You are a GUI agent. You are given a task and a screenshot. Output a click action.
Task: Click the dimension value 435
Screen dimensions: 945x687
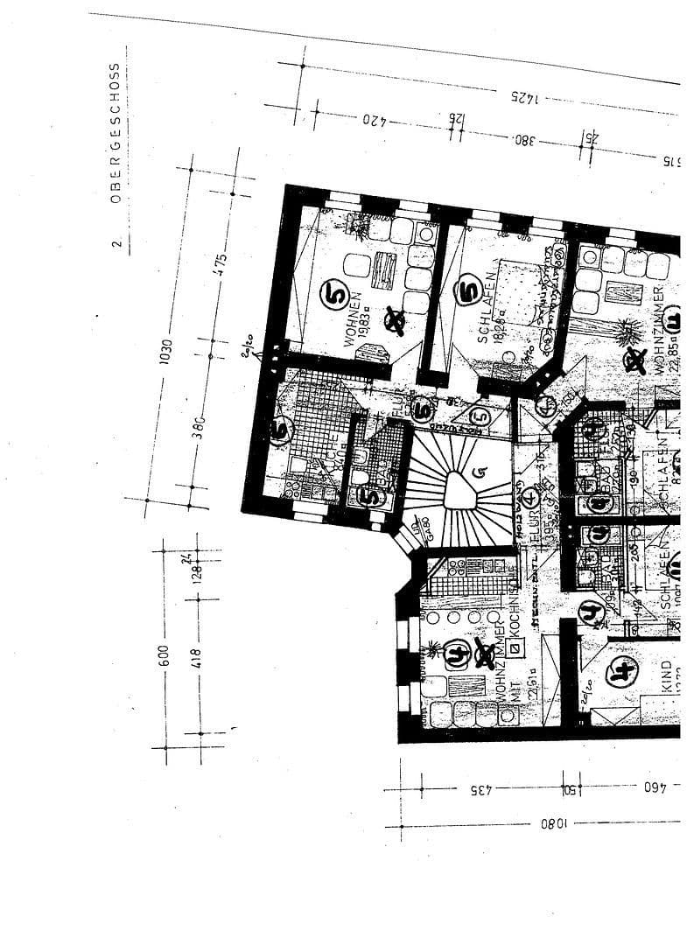pyautogui.click(x=477, y=789)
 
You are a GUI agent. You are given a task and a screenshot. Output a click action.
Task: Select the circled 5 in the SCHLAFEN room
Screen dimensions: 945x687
pyautogui.click(x=468, y=288)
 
